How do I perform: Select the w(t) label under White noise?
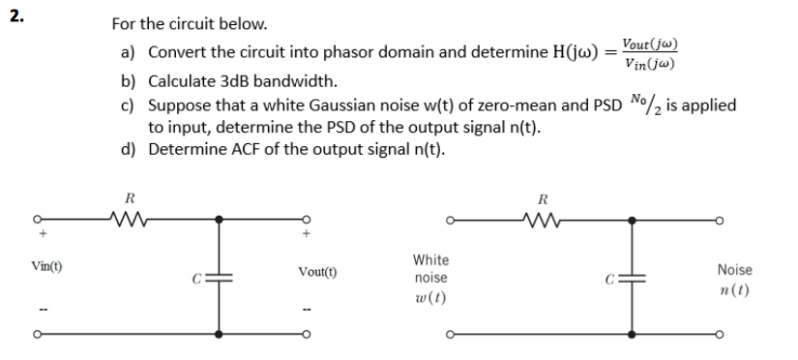point(430,294)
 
